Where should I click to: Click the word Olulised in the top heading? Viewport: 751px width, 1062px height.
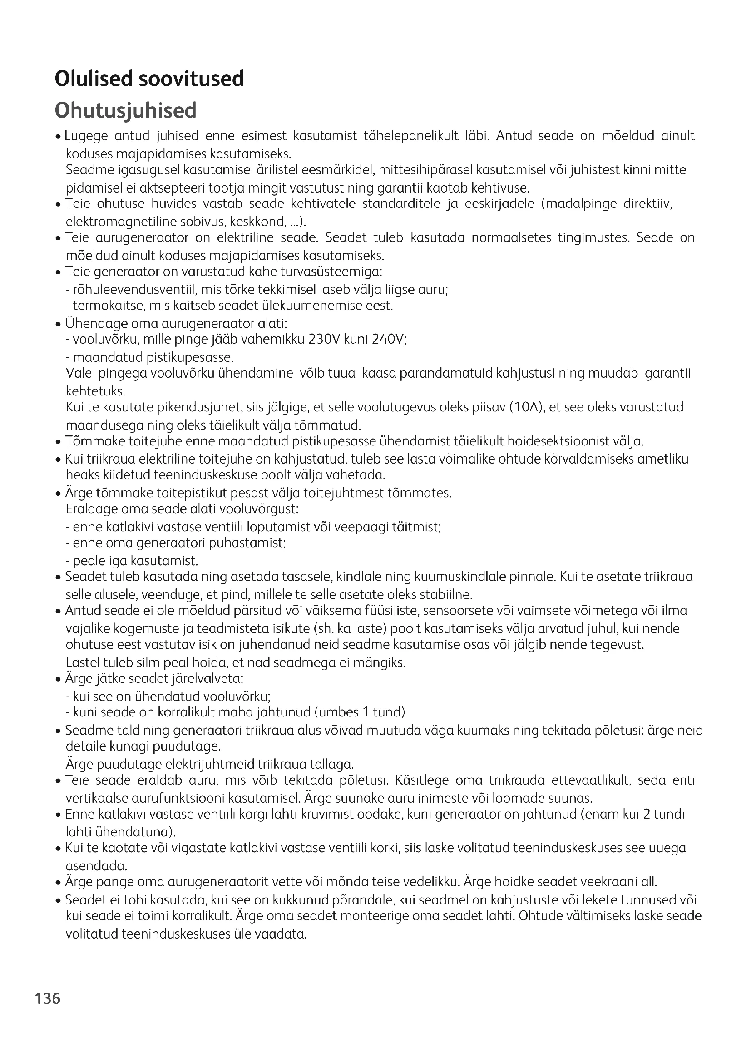click(94, 79)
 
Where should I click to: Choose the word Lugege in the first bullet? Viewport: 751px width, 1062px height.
click(86, 136)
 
